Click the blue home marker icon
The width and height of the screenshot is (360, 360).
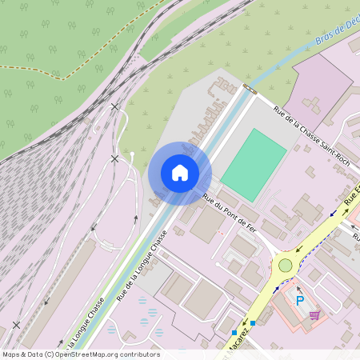pyautogui.click(x=180, y=173)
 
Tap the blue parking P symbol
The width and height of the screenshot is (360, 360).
pyautogui.click(x=300, y=301)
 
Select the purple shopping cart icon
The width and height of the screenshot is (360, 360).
pyautogui.click(x=315, y=315)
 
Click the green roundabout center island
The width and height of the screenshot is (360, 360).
pyautogui.click(x=286, y=265)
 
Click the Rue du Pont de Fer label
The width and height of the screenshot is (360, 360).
pyautogui.click(x=229, y=214)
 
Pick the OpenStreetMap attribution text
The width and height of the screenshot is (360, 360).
pyautogui.click(x=81, y=354)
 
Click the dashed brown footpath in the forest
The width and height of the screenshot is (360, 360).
pyautogui.click(x=48, y=70)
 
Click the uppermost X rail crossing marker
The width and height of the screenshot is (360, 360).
pyautogui.click(x=115, y=106)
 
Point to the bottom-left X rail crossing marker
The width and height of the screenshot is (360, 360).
pyautogui.click(x=17, y=325)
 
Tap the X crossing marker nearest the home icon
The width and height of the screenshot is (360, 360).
pyautogui.click(x=114, y=158)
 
